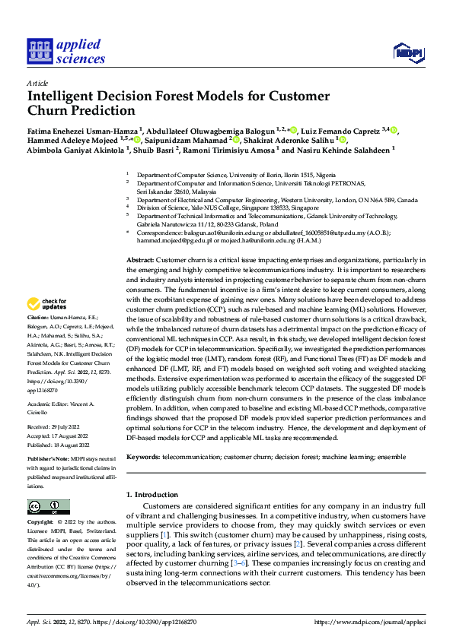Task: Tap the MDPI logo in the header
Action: click(406, 52)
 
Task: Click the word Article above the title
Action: click(37, 83)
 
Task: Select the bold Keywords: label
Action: click(143, 457)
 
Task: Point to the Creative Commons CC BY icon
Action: click(49, 507)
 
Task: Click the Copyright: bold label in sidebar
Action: click(41, 524)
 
